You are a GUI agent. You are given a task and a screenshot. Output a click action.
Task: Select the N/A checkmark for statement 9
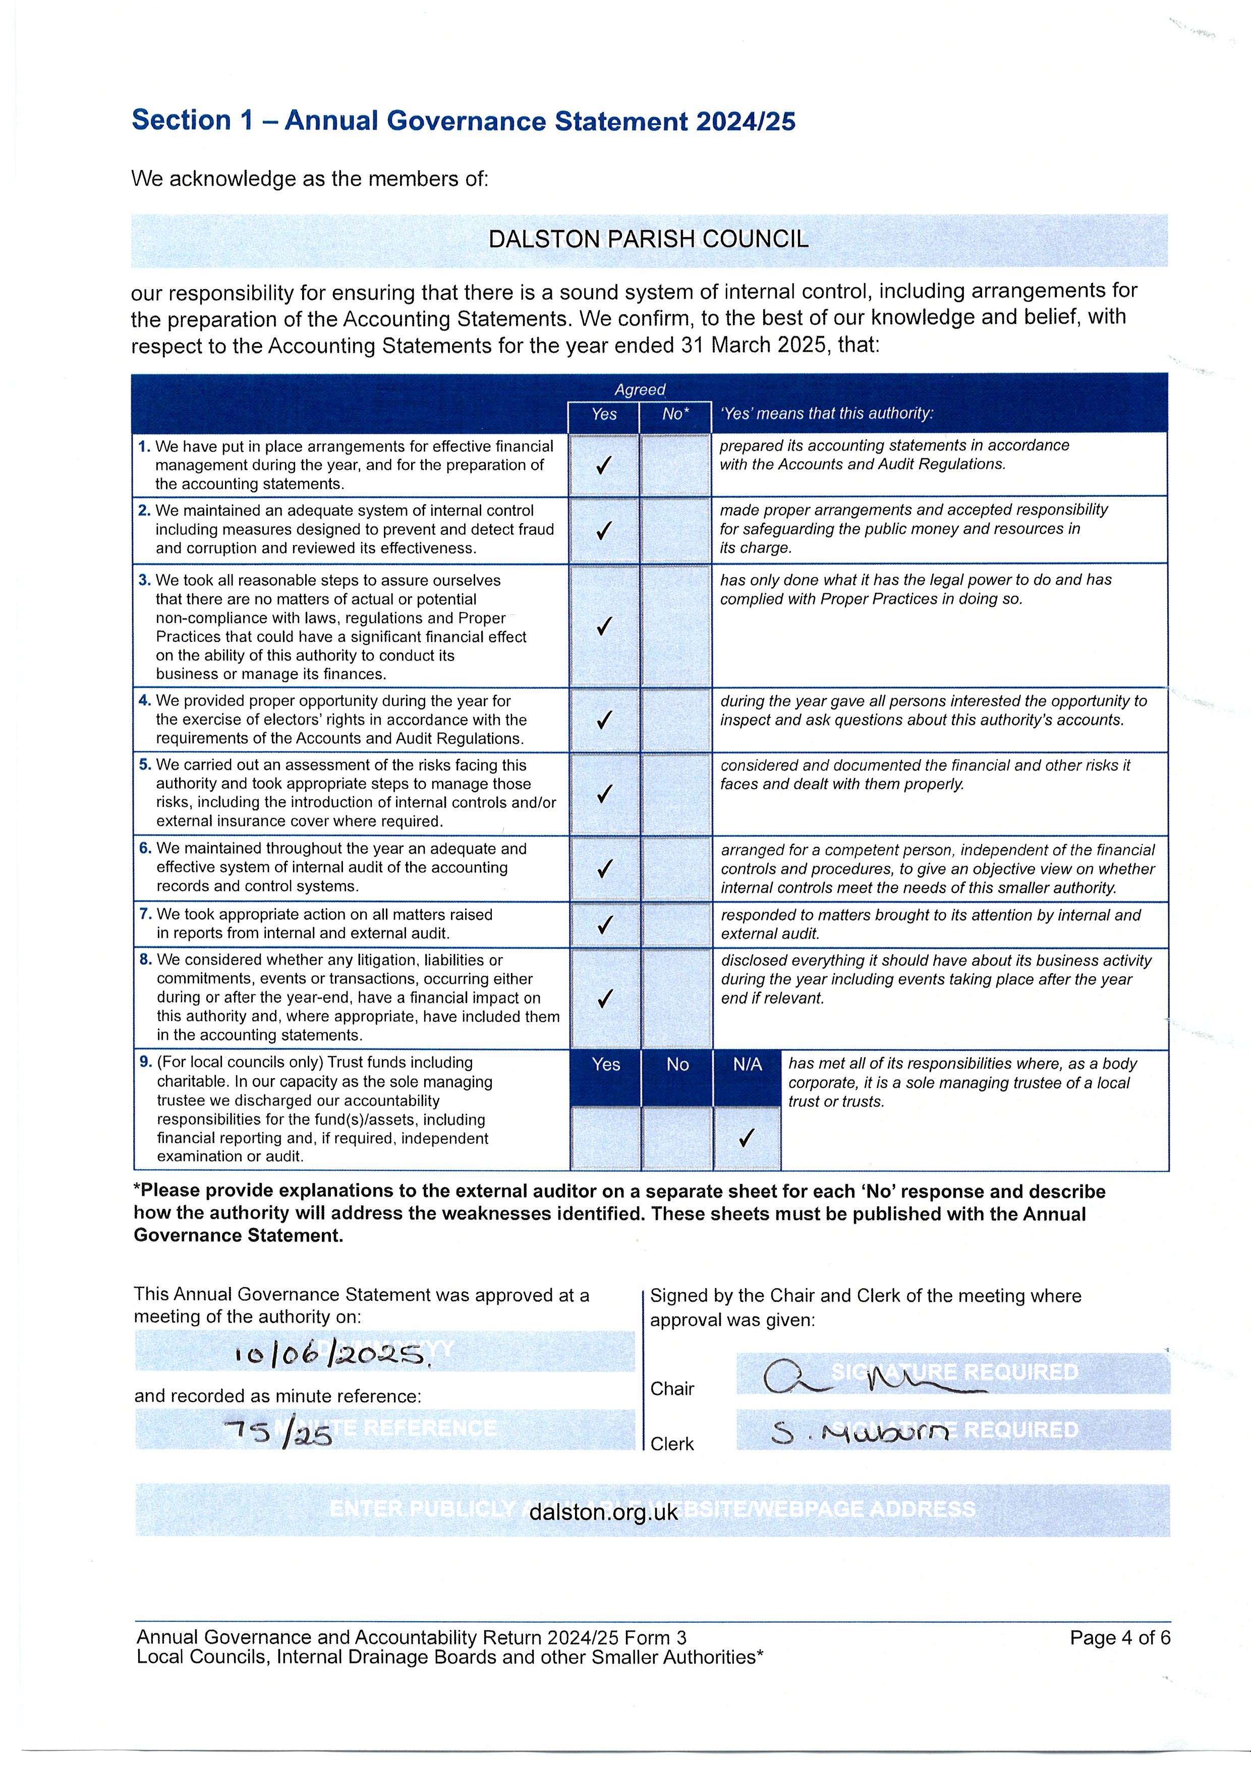click(746, 1138)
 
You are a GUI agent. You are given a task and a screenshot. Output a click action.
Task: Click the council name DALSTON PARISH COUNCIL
click(648, 240)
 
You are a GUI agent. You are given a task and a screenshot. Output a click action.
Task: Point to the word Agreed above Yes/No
click(639, 390)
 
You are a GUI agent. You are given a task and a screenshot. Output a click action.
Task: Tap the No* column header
click(675, 414)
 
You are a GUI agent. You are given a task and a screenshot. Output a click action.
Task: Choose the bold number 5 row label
click(145, 765)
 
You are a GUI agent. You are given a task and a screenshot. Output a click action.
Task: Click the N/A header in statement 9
click(747, 1065)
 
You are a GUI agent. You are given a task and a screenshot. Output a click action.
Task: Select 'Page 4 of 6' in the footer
click(1119, 1637)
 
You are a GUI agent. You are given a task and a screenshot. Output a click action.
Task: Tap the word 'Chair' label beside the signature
click(672, 1389)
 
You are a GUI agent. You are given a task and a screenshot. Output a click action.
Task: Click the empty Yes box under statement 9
click(605, 1138)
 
